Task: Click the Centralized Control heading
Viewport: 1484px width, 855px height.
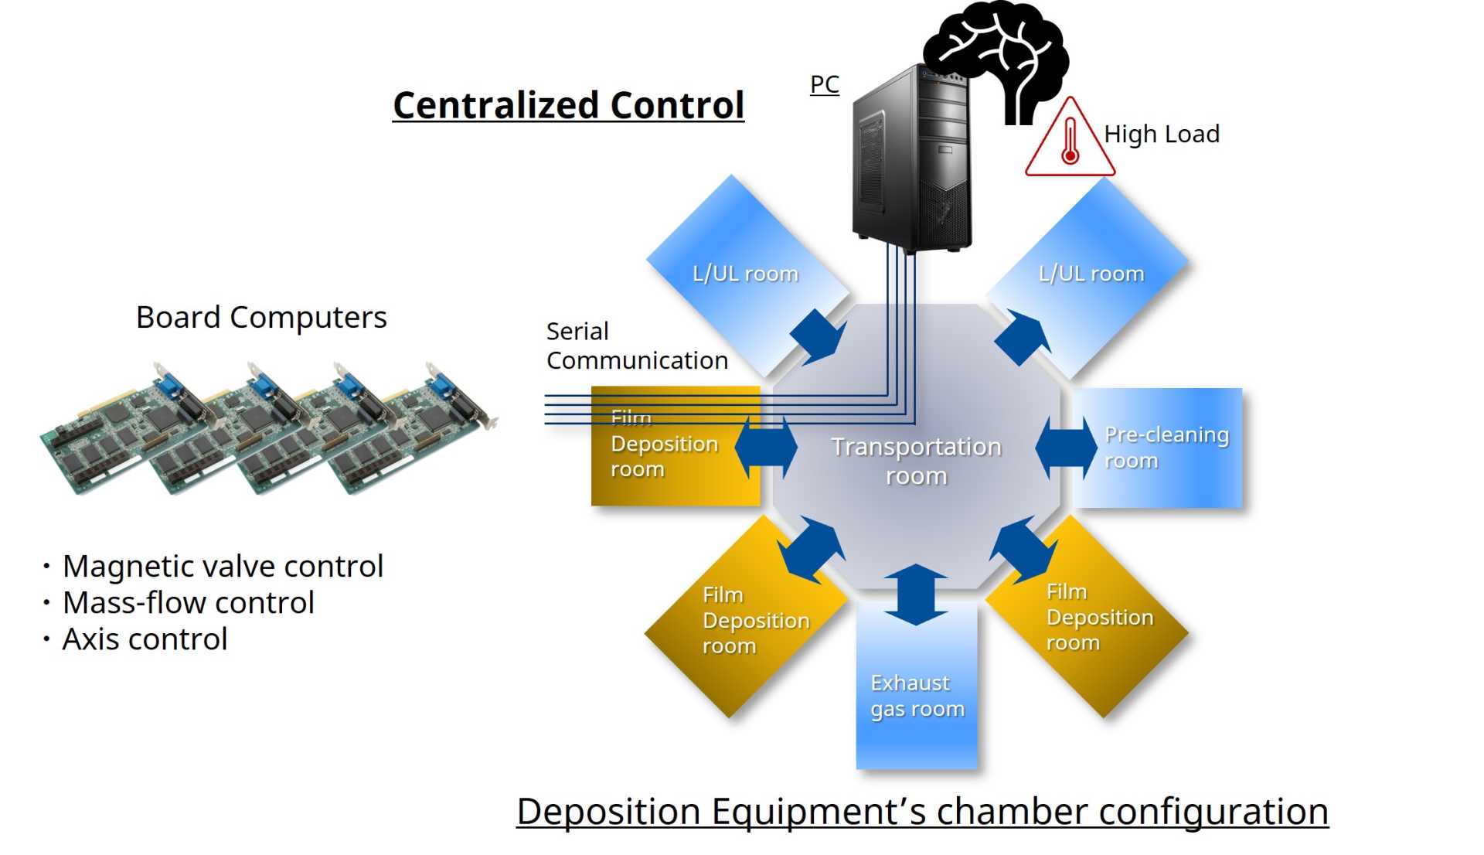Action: (x=568, y=105)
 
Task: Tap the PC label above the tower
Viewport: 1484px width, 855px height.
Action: (x=824, y=84)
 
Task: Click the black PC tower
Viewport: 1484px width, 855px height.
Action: (x=912, y=162)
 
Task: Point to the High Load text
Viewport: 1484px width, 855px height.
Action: (x=1161, y=134)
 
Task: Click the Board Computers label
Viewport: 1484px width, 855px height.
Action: (x=261, y=317)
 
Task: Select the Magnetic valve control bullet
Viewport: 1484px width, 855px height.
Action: (x=222, y=566)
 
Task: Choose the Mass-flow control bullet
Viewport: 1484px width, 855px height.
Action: (x=188, y=602)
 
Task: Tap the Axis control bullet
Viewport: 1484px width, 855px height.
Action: (x=145, y=639)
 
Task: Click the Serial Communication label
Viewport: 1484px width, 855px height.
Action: (x=636, y=346)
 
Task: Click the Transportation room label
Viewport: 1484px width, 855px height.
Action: (x=916, y=461)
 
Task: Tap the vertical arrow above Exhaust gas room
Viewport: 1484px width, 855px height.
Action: (x=916, y=594)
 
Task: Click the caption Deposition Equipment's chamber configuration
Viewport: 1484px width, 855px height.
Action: (x=922, y=812)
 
